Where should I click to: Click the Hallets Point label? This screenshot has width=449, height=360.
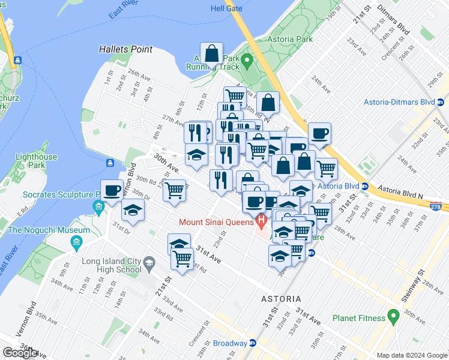(x=126, y=49)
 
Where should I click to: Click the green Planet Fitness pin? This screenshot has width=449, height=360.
(x=394, y=315)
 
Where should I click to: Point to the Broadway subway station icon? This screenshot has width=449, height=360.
(x=253, y=344)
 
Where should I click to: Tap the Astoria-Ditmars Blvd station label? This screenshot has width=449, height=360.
(x=399, y=102)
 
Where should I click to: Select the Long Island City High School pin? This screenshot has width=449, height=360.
(x=149, y=262)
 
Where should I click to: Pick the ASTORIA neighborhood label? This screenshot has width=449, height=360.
(x=282, y=298)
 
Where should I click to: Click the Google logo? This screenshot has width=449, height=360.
(x=20, y=353)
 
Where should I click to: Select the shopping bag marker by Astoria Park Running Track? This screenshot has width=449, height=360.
(x=212, y=54)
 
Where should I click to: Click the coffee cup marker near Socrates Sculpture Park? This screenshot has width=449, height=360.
(x=112, y=191)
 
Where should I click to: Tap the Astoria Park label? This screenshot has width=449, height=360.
(x=292, y=39)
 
